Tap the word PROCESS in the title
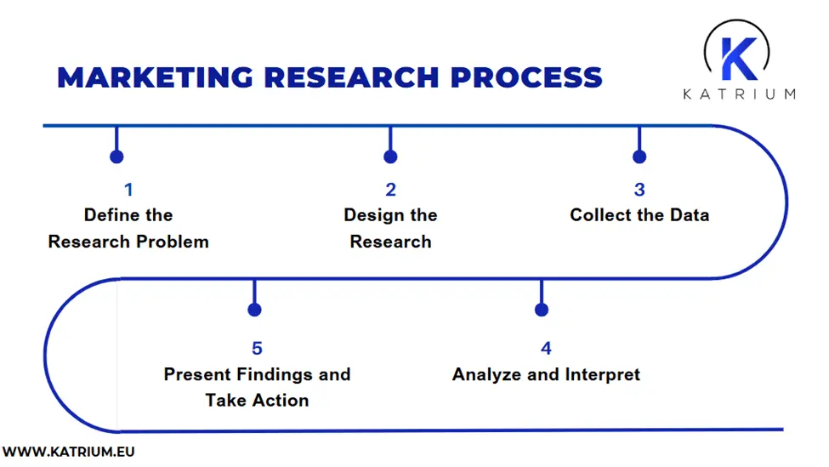tap(526, 77)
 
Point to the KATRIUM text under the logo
tap(739, 94)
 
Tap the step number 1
tap(128, 190)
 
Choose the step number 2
tap(390, 190)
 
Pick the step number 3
tap(639, 190)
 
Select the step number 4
tap(546, 348)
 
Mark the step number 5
tap(257, 348)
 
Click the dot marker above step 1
tap(116, 157)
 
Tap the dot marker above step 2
tap(390, 157)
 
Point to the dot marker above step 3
tap(639, 157)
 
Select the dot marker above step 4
tap(542, 310)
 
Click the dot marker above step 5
tap(253, 310)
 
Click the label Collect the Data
tap(639, 215)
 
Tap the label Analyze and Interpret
tap(546, 374)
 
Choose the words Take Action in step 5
tap(257, 400)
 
